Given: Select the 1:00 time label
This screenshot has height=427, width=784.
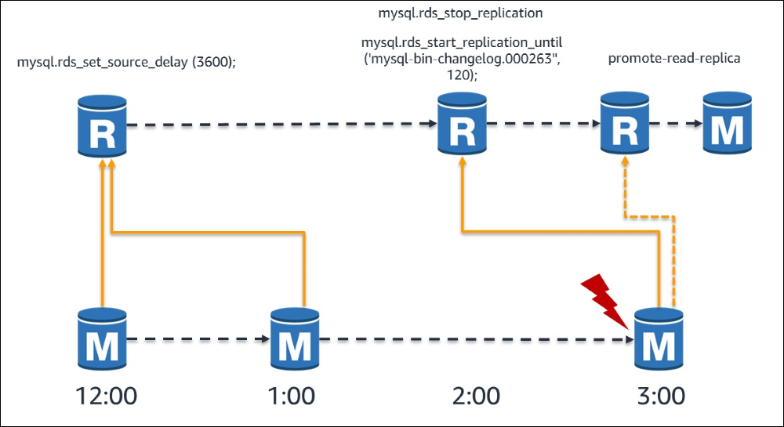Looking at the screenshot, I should tap(292, 394).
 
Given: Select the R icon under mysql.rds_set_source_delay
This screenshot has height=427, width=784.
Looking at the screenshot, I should tap(101, 125).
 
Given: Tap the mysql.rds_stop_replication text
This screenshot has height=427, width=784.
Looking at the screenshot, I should tap(459, 13).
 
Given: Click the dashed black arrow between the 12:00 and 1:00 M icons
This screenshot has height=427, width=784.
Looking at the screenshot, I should tap(196, 339).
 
